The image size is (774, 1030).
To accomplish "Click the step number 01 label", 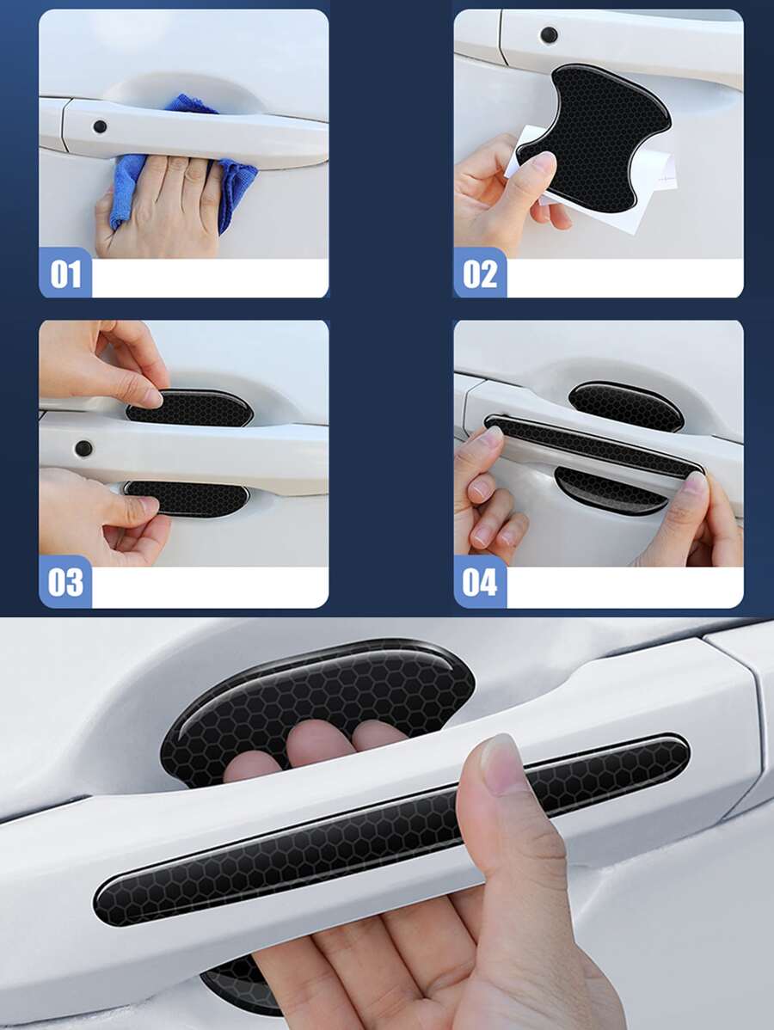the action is pyautogui.click(x=65, y=273).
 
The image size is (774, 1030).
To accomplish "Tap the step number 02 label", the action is pyautogui.click(x=480, y=273).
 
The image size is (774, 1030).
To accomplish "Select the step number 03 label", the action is pyautogui.click(x=65, y=582).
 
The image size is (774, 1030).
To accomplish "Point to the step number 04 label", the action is pyautogui.click(x=480, y=582).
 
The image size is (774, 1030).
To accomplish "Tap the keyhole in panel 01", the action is pyautogui.click(x=100, y=126).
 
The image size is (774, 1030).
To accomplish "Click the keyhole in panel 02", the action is pyautogui.click(x=549, y=35).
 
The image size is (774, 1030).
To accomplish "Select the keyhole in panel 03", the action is pyautogui.click(x=83, y=449).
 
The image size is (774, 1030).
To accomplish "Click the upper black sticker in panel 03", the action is pyautogui.click(x=191, y=408).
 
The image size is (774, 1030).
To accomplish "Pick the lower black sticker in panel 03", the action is pyautogui.click(x=187, y=498).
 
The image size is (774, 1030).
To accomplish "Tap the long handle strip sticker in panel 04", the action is pyautogui.click(x=593, y=447).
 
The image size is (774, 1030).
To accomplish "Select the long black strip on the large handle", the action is pyautogui.click(x=392, y=828).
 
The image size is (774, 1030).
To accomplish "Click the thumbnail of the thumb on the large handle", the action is pyautogui.click(x=503, y=762).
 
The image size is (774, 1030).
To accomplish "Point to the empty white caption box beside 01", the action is pyautogui.click(x=210, y=279).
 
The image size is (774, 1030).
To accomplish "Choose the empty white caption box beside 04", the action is pyautogui.click(x=625, y=587).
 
